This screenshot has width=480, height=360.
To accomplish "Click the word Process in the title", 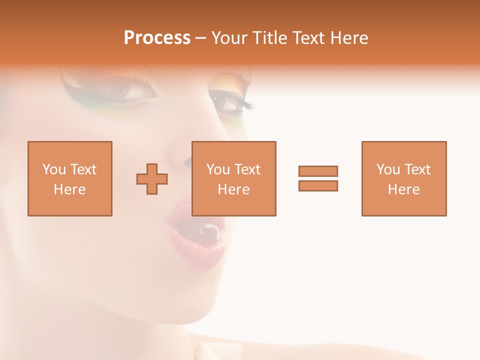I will click(x=157, y=38).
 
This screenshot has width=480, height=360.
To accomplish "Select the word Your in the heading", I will click(x=230, y=38).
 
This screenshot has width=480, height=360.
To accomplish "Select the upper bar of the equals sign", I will click(x=318, y=171).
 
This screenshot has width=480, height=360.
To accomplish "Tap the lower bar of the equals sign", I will click(x=318, y=186).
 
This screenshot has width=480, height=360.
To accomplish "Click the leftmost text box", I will click(x=69, y=178).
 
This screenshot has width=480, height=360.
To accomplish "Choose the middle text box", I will click(x=234, y=178).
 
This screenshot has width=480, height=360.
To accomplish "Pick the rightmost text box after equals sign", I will click(x=403, y=178).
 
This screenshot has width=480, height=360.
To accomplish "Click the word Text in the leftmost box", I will click(x=83, y=169).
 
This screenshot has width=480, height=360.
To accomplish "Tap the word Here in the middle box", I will click(x=234, y=189).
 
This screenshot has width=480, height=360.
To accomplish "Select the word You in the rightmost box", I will click(x=388, y=169).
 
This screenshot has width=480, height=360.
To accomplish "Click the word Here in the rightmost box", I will click(x=403, y=189).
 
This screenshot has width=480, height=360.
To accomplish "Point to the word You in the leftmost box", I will click(x=54, y=169).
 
